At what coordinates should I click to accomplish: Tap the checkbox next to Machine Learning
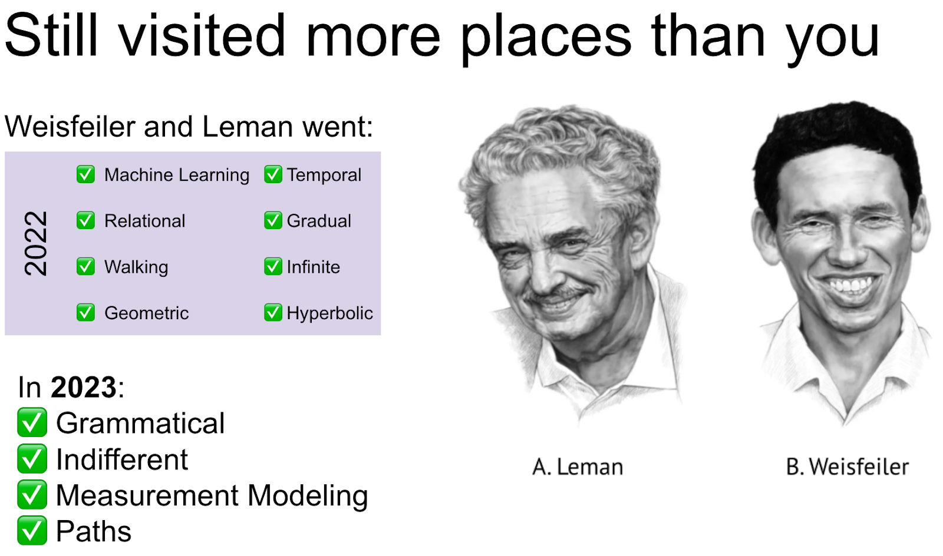click(x=85, y=174)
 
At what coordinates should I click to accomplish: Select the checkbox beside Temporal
click(x=273, y=174)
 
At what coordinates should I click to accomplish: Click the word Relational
click(x=145, y=221)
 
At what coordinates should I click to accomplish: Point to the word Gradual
click(x=319, y=221)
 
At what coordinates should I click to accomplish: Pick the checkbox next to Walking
click(x=85, y=266)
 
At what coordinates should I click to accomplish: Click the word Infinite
click(x=313, y=267)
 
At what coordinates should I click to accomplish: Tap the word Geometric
click(x=147, y=313)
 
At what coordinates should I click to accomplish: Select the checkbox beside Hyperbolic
click(x=273, y=313)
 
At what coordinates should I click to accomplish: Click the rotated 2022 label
click(x=36, y=243)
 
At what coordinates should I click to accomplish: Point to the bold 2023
click(x=83, y=387)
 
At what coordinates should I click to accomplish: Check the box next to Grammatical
click(x=32, y=422)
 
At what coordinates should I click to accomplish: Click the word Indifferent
click(x=121, y=459)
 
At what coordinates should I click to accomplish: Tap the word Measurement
click(x=147, y=495)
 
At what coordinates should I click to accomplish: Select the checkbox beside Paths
click(x=32, y=530)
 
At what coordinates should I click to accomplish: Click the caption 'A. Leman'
click(x=578, y=467)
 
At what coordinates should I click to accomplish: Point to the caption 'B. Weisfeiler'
click(x=848, y=467)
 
